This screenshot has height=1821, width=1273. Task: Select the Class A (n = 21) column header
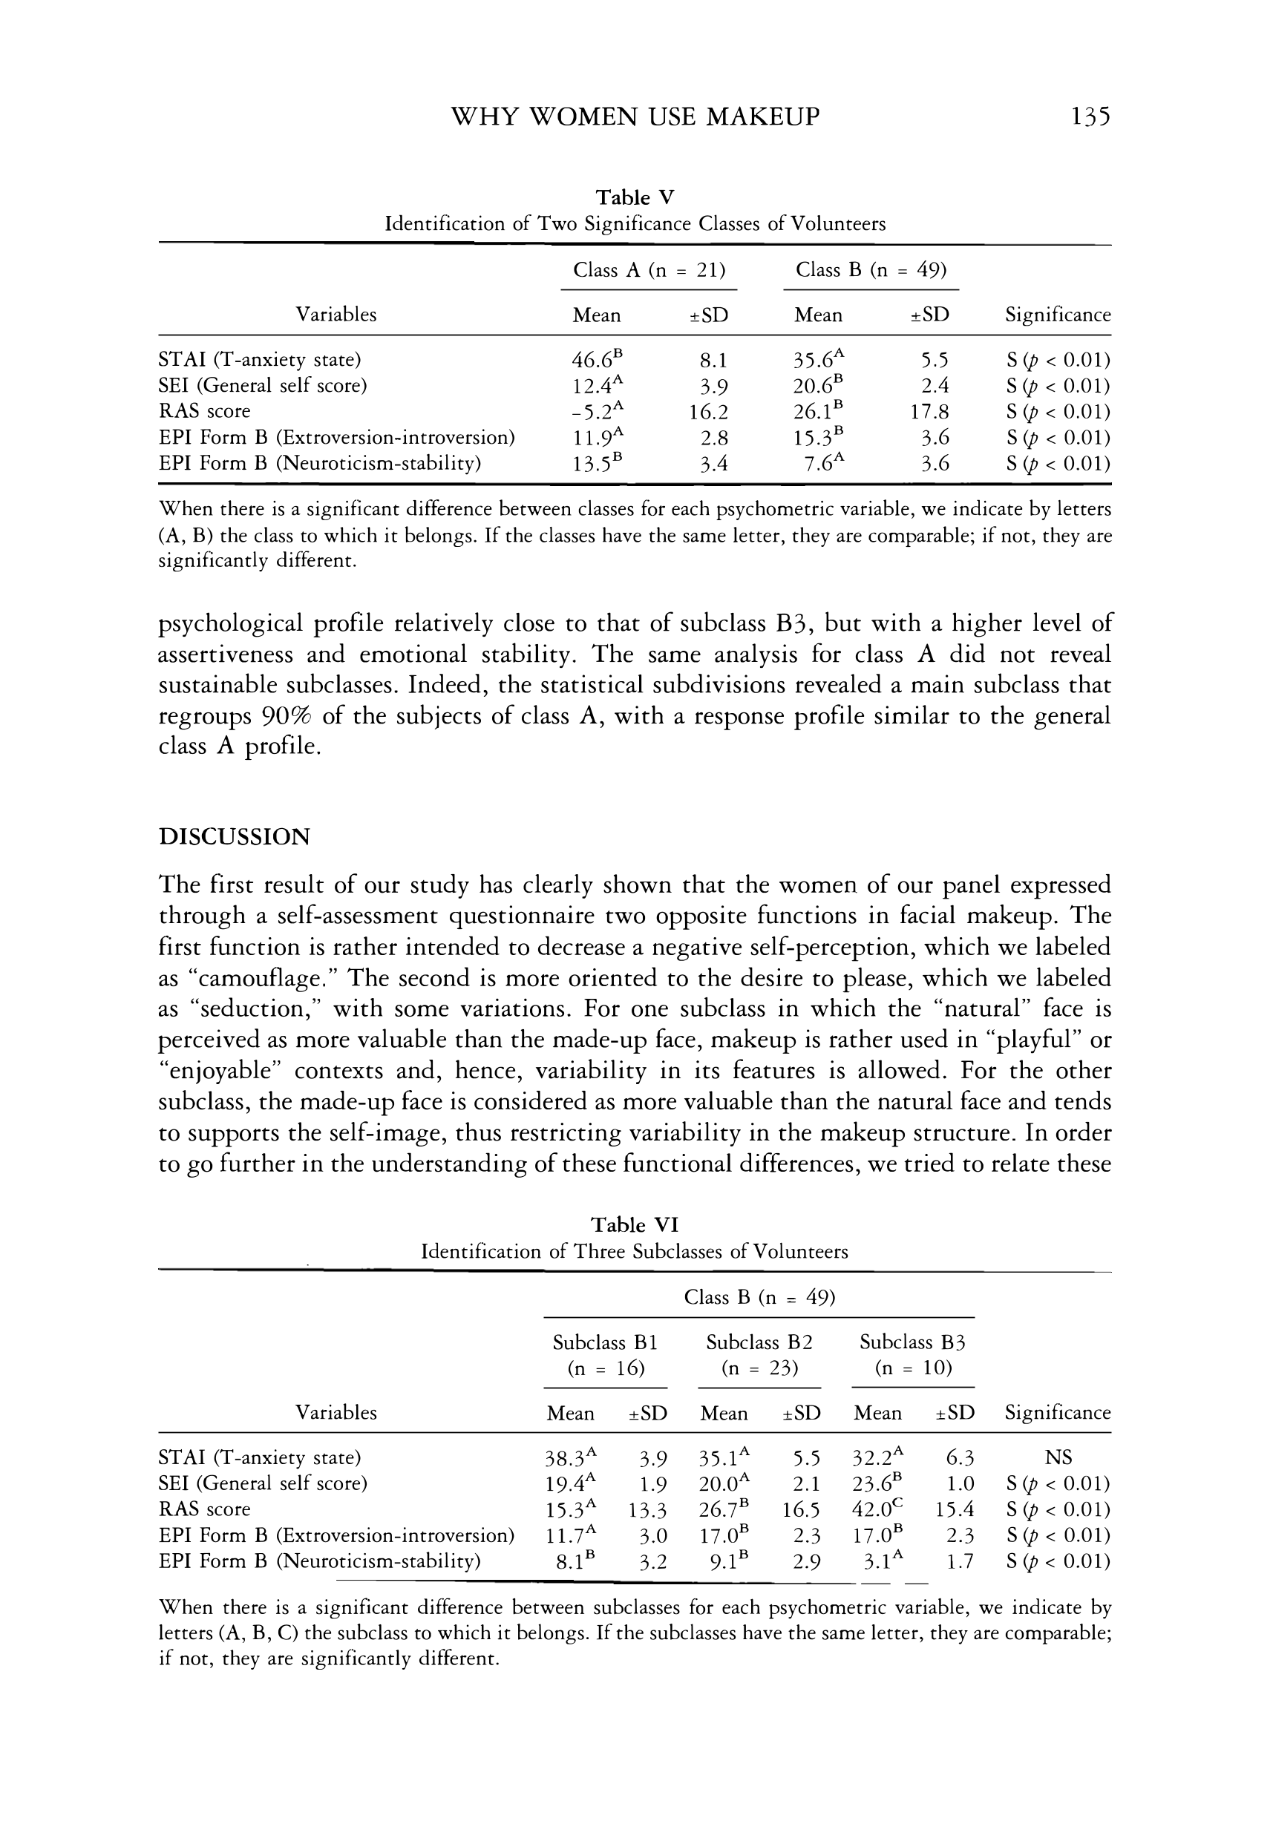[x=649, y=270]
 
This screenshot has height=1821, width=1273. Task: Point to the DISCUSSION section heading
[x=234, y=837]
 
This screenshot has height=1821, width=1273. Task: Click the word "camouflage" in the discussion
[x=257, y=978]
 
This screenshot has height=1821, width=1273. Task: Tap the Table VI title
[x=635, y=1225]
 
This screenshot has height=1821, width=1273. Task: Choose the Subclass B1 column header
[x=605, y=1343]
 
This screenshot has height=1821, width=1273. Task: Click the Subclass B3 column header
[x=912, y=1343]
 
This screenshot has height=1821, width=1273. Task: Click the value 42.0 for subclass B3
[x=871, y=1509]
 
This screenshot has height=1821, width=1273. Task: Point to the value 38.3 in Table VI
[x=565, y=1457]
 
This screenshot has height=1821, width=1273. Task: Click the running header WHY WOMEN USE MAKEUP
[x=635, y=117]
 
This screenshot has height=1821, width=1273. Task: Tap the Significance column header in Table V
[x=1058, y=315]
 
